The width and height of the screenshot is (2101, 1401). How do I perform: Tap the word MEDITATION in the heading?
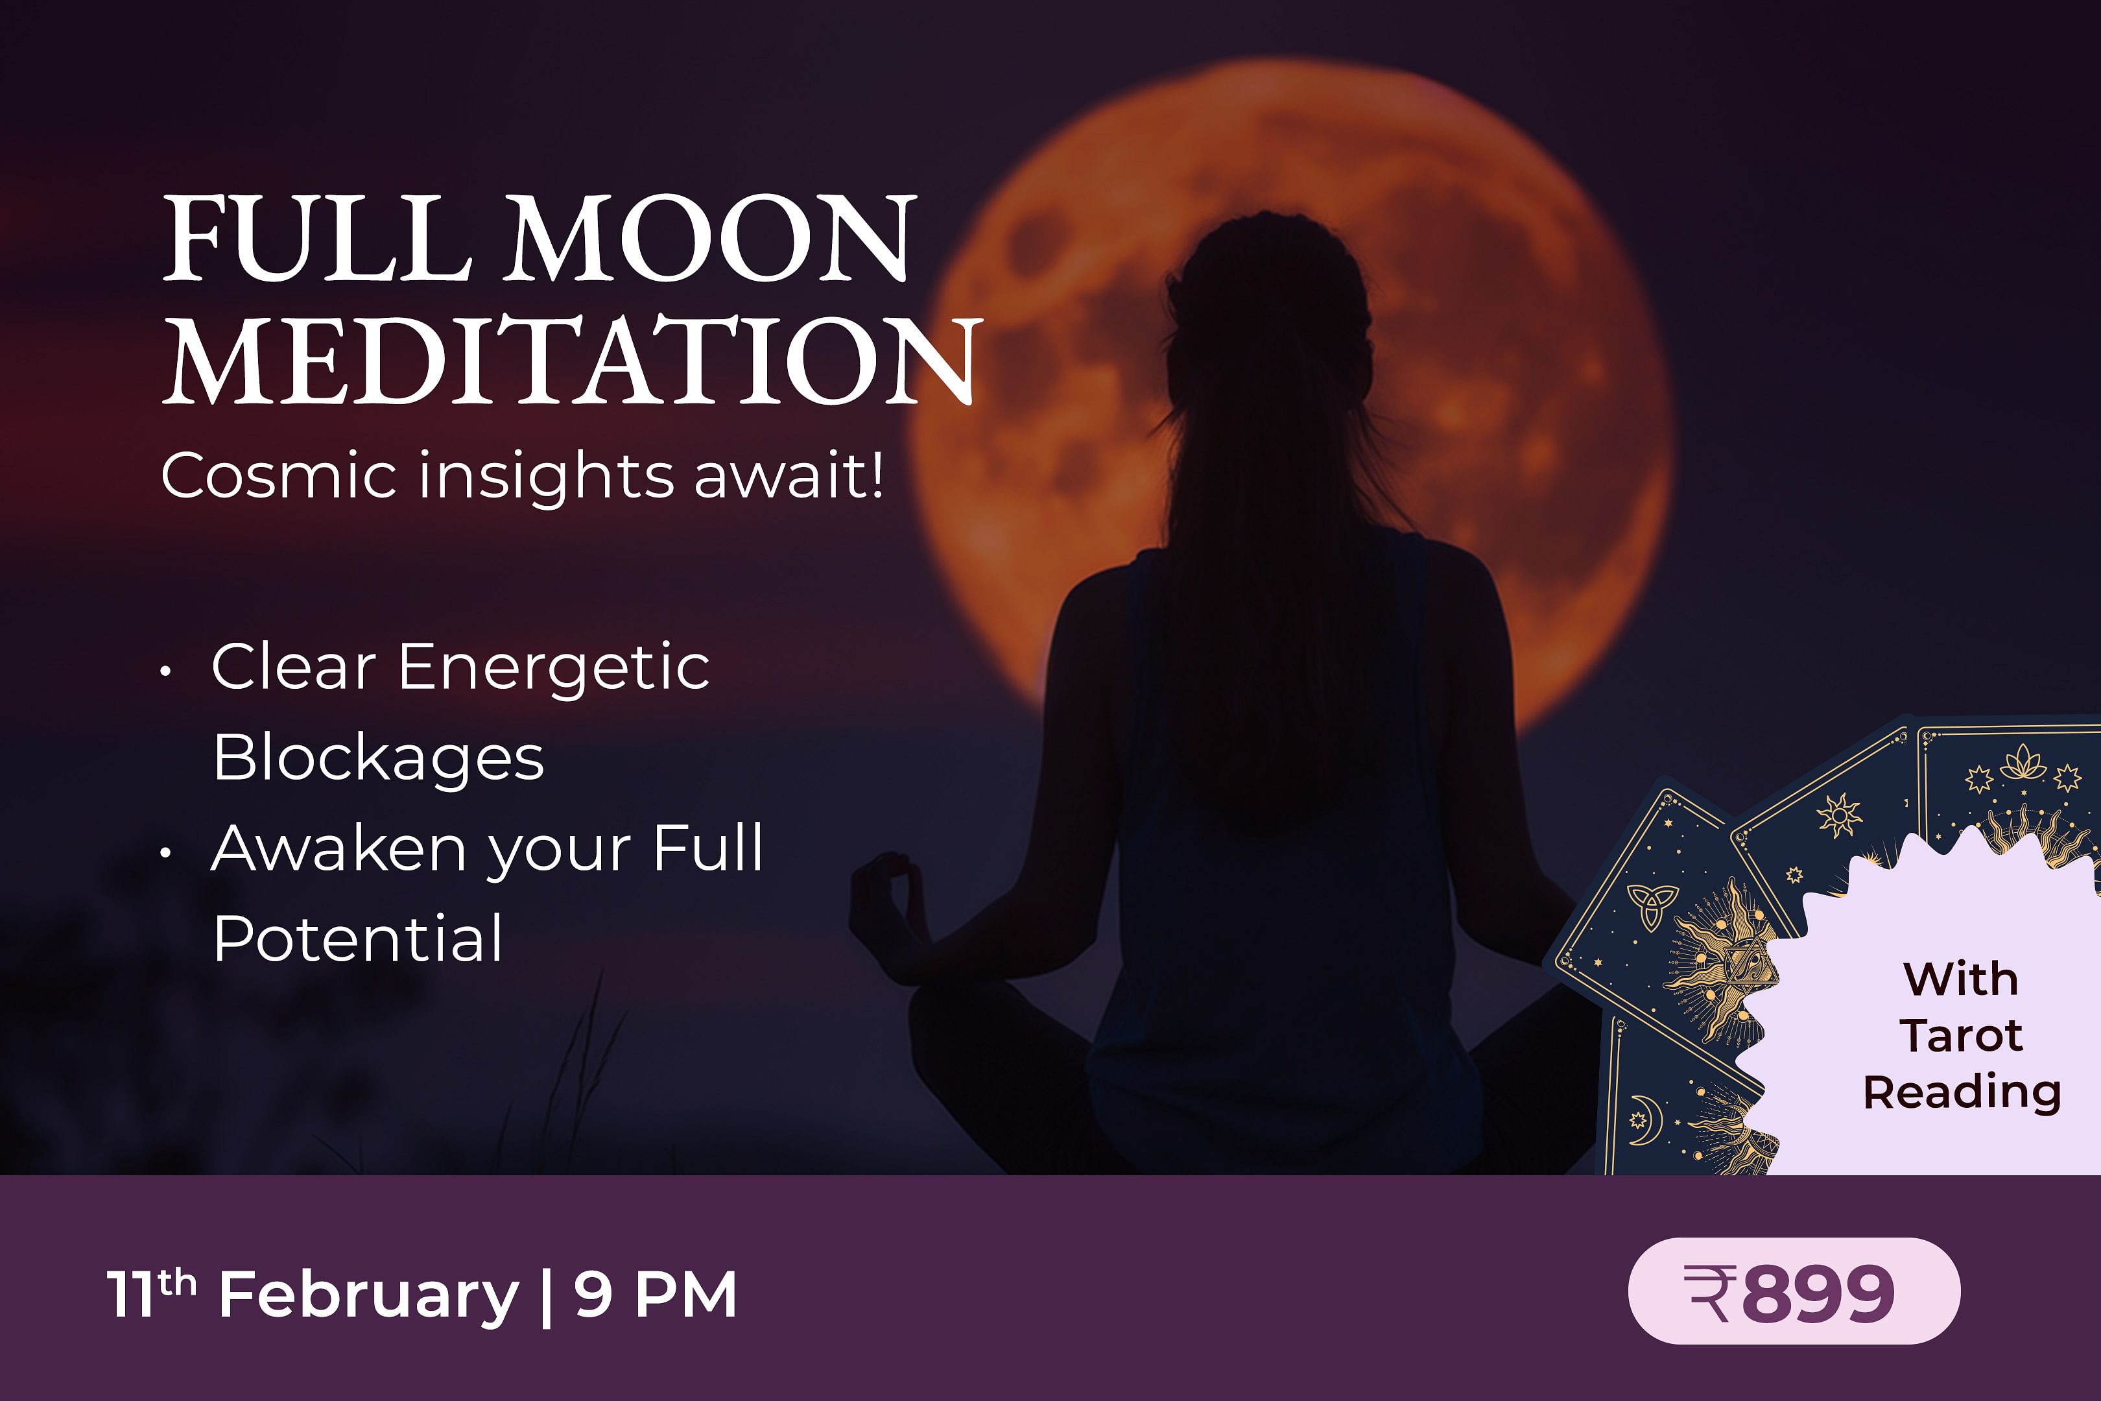pyautogui.click(x=573, y=359)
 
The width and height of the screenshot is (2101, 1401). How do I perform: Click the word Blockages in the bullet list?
pyautogui.click(x=378, y=758)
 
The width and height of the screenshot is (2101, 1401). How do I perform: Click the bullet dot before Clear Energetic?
pyautogui.click(x=165, y=671)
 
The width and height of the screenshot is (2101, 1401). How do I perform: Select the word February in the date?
pyautogui.click(x=368, y=1297)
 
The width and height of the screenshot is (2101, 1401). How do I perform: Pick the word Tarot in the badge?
pyautogui.click(x=1962, y=1036)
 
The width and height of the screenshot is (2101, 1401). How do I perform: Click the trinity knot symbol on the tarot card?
pyautogui.click(x=1652, y=907)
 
